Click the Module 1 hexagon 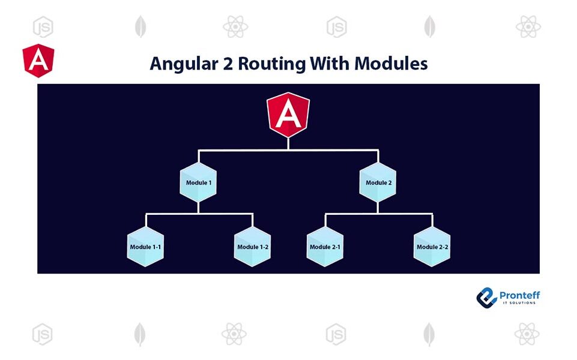pyautogui.click(x=198, y=182)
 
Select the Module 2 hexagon pyautogui.click(x=378, y=182)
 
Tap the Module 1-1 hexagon pyautogui.click(x=145, y=246)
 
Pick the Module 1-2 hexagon pyautogui.click(x=252, y=246)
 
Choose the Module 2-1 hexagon pyautogui.click(x=325, y=246)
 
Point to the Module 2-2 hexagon pyautogui.click(x=432, y=246)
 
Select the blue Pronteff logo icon pyautogui.click(x=487, y=297)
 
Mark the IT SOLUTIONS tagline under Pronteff pyautogui.click(x=520, y=303)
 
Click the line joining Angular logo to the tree pyautogui.click(x=288, y=143)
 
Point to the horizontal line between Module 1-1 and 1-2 pyautogui.click(x=198, y=213)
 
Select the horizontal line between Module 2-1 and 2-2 pyautogui.click(x=378, y=213)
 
